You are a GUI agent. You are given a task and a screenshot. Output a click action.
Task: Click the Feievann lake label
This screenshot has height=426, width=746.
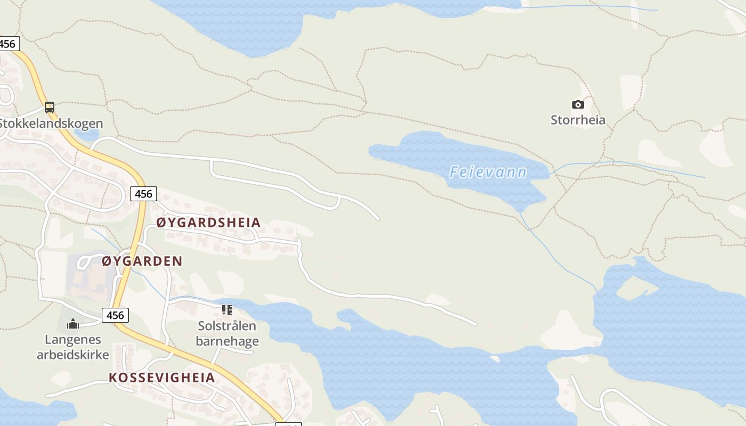tap(488, 172)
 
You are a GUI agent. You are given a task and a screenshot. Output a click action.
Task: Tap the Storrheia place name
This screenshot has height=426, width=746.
tap(578, 120)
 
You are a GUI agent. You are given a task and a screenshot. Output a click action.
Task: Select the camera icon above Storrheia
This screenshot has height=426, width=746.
tap(578, 104)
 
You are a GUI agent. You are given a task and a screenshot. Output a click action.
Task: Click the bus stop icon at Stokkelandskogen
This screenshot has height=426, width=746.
tap(50, 108)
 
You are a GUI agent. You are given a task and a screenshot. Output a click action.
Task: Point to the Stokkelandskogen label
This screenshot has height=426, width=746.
tap(51, 124)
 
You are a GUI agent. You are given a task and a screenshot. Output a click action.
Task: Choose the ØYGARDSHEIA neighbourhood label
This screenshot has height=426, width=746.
tap(208, 223)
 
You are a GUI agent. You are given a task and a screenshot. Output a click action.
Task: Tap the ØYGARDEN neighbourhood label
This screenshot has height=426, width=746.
tap(142, 261)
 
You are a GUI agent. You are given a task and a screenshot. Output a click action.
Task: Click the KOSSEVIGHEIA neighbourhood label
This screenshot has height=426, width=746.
tap(162, 378)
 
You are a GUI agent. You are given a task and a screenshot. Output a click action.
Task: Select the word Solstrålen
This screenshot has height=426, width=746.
tap(227, 326)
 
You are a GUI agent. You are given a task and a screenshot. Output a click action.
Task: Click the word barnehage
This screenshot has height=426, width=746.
tap(227, 341)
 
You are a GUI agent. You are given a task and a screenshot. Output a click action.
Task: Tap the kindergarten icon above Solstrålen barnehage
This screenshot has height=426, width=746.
tap(227, 309)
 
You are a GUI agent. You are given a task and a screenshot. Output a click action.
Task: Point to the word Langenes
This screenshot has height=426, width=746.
tap(72, 340)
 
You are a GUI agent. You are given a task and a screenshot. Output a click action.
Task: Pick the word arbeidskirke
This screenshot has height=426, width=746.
tap(72, 355)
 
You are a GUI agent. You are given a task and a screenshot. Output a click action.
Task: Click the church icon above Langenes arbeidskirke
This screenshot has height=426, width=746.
tap(73, 323)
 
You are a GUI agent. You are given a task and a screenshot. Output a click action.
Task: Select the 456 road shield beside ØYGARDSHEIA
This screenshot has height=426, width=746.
tap(143, 194)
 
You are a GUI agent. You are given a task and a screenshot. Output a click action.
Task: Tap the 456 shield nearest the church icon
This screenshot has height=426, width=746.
tap(115, 315)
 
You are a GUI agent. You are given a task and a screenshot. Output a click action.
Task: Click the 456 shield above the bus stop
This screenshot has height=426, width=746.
tap(9, 44)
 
